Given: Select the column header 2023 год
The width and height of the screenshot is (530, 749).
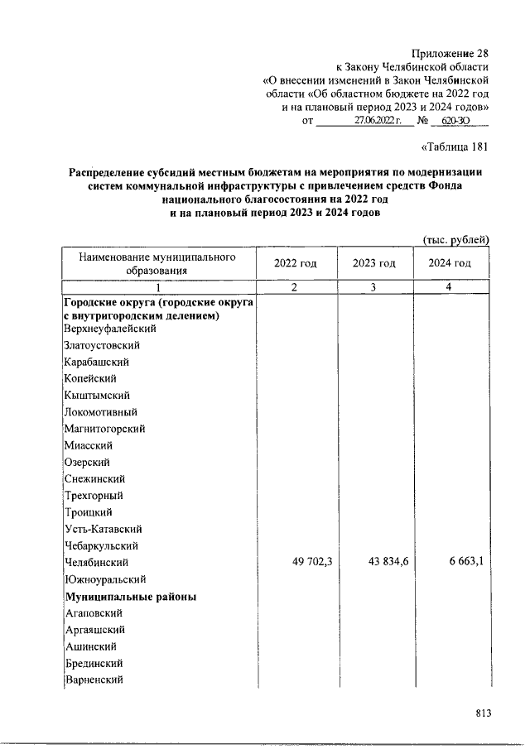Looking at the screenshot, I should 374,263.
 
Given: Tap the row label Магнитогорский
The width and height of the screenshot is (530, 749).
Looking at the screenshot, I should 104,429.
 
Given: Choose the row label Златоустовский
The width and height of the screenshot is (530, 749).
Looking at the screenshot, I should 102,345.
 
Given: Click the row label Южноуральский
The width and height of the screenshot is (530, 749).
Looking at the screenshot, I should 105,579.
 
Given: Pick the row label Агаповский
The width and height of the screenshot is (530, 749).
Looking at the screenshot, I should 94,613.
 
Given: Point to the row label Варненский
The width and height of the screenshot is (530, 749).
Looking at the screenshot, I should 94,680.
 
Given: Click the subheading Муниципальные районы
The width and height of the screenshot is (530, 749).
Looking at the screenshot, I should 129,596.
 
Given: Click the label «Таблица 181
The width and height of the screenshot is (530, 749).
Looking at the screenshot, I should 455,147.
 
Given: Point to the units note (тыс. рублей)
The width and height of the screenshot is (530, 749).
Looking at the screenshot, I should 456,240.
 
